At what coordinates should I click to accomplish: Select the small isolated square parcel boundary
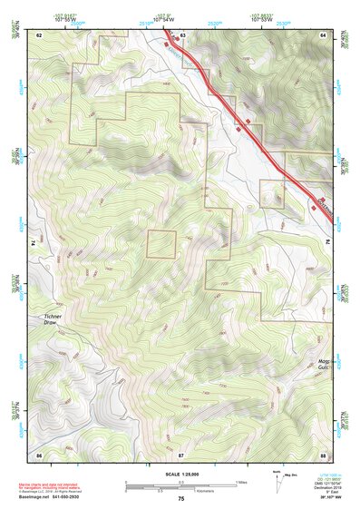click(x=161, y=244)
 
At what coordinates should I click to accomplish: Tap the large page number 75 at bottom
click(x=180, y=499)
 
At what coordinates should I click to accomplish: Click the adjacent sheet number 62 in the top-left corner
click(x=39, y=34)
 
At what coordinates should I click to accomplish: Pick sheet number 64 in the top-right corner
click(x=324, y=34)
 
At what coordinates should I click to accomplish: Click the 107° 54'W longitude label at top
click(x=163, y=17)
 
